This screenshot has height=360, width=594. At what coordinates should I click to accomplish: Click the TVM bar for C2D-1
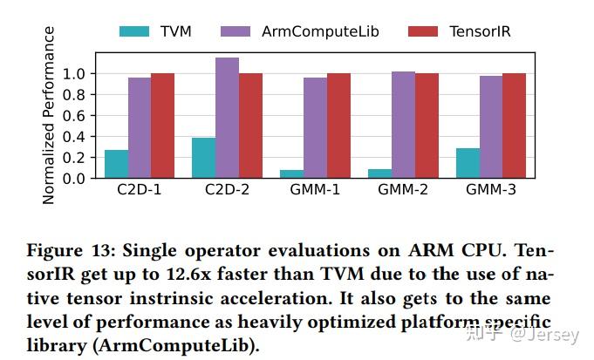coord(116,164)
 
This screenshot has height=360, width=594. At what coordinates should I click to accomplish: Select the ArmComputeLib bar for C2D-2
coord(227,118)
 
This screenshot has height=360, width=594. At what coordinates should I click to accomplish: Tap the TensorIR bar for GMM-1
coord(338,126)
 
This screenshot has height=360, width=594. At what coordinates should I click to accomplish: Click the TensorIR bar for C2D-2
coord(249,126)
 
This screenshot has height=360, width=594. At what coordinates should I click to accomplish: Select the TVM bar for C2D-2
coord(204,158)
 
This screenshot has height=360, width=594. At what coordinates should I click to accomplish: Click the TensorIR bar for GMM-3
coord(513,126)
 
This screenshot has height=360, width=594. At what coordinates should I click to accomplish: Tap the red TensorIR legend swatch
coord(423,31)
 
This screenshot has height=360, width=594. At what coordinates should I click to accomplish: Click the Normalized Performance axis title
coord(49,115)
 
